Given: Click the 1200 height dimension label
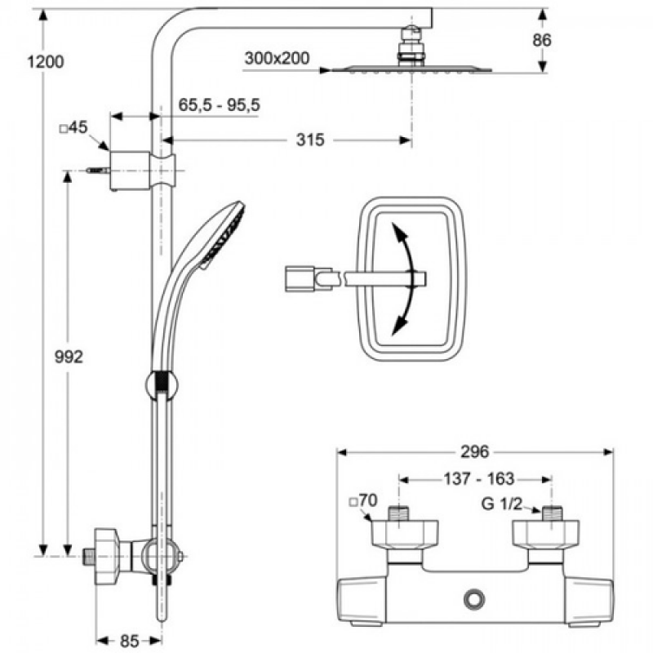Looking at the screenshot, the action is [x=46, y=62].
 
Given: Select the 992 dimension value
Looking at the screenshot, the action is [x=69, y=357].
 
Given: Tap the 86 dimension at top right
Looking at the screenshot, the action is [x=542, y=40].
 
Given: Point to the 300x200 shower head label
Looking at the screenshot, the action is [x=277, y=58].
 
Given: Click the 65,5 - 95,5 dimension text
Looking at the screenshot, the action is [x=219, y=104].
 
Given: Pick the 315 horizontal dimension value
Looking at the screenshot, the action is [x=310, y=140].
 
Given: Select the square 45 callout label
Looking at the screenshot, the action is [x=73, y=127].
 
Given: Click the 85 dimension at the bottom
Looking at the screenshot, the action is [x=129, y=641].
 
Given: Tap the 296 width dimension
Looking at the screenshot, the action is [x=475, y=451].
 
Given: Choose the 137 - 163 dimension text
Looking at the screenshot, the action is [x=479, y=479].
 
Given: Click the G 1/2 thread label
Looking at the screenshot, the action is [x=501, y=504].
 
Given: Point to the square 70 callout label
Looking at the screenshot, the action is [x=363, y=500].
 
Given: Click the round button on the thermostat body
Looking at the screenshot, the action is [x=474, y=599].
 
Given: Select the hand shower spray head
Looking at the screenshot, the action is [x=223, y=235].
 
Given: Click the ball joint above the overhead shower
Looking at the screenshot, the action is [x=411, y=33].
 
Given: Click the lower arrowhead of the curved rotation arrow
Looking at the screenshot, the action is [x=399, y=325].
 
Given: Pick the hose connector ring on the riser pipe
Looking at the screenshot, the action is [x=162, y=385].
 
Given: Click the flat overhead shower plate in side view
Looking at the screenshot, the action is [x=411, y=69].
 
